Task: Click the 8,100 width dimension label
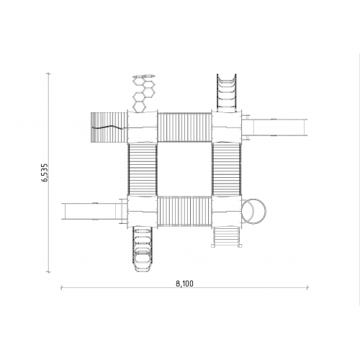pos(184,284)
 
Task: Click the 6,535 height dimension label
pos(45,173)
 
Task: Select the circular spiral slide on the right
pos(254,212)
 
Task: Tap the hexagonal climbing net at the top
pos(143,93)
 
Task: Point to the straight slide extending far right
pos(275,127)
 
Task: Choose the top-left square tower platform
pos(143,127)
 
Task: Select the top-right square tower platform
pos(227,127)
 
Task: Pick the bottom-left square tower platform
pos(143,212)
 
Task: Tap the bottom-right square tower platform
pos(227,212)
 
